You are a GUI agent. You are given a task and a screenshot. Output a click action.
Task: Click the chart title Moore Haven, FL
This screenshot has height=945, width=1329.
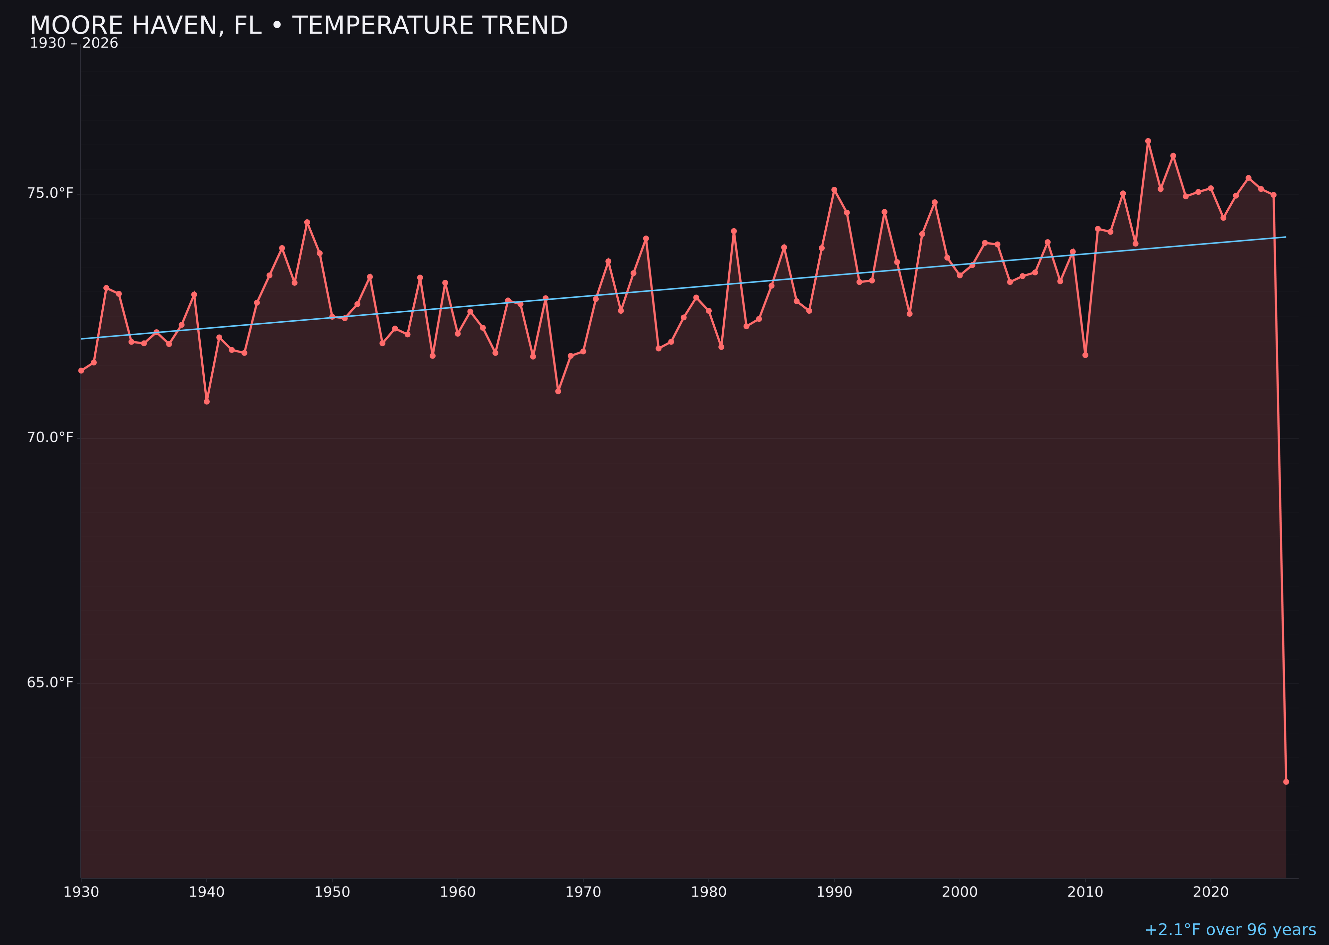[x=298, y=26]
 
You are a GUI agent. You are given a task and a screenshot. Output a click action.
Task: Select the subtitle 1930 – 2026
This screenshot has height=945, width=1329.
[x=74, y=44]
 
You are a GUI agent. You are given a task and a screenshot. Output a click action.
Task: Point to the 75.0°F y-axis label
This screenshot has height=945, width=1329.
[x=50, y=193]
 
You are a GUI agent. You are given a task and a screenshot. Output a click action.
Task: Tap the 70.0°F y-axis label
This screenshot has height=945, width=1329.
[x=50, y=438]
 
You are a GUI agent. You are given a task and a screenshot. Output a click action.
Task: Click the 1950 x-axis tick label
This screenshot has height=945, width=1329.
[x=332, y=892]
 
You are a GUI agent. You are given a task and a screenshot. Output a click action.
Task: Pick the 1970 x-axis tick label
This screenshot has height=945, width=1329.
[x=583, y=892]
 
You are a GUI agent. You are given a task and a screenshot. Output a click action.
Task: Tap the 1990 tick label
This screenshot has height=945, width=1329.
[x=834, y=892]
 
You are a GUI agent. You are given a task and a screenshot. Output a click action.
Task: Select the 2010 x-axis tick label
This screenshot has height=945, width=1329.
[x=1085, y=892]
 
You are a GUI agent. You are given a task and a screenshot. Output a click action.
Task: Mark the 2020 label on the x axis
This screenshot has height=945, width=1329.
[x=1211, y=892]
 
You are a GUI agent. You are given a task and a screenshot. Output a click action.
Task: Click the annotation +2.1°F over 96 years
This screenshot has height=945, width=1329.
[x=1230, y=930]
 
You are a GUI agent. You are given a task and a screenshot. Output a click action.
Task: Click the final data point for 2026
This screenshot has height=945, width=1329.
[x=1286, y=782]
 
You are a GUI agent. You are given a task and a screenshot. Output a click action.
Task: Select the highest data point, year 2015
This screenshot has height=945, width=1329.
[x=1148, y=141]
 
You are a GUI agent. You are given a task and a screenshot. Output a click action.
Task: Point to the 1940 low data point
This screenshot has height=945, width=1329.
[x=207, y=401]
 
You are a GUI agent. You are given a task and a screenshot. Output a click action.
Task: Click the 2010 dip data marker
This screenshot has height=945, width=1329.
[x=1085, y=355]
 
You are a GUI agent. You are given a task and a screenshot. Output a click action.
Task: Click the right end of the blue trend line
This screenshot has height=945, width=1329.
[x=1285, y=237]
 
